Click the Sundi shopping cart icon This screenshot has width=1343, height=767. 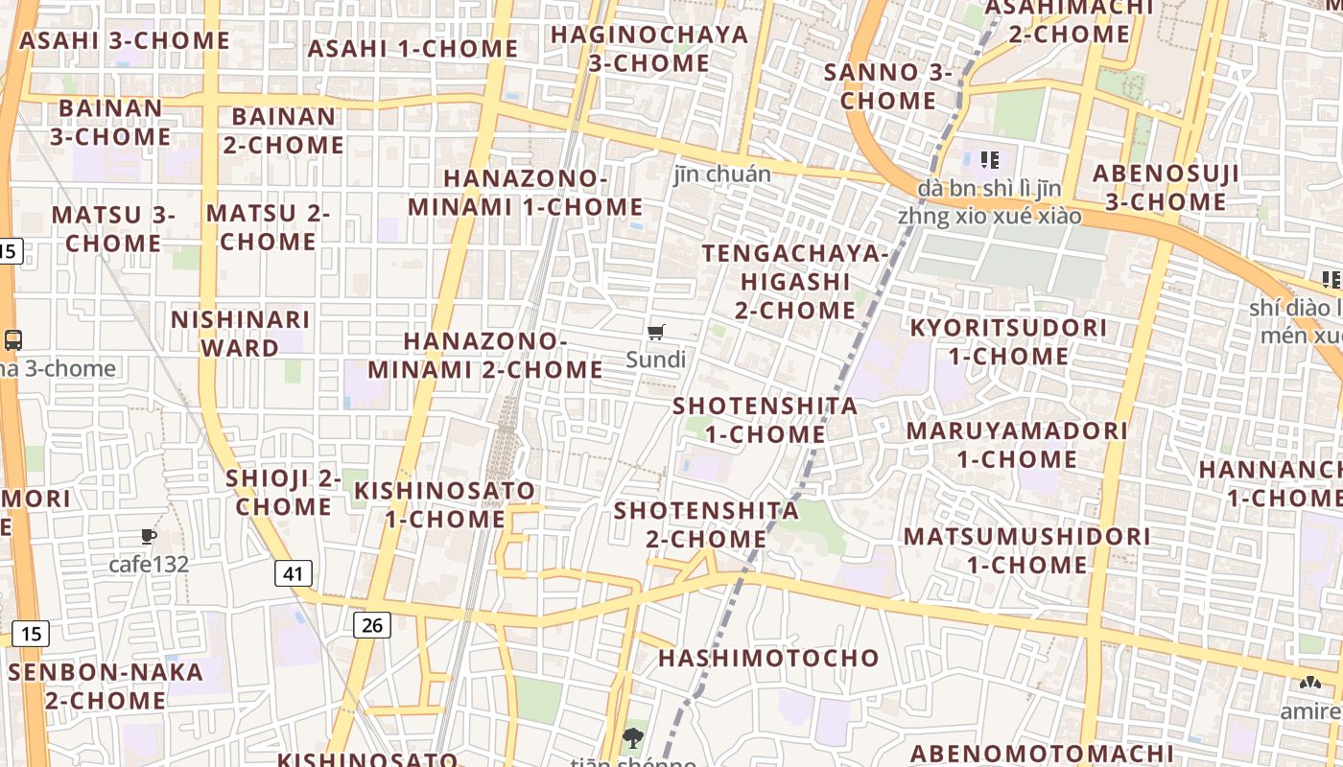[x=656, y=333]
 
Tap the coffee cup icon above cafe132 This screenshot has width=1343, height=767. [x=148, y=537]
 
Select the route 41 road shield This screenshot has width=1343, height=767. [x=294, y=573]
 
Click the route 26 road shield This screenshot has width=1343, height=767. [x=372, y=625]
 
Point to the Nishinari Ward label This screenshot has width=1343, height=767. [x=240, y=333]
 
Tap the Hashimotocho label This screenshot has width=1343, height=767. [x=768, y=658]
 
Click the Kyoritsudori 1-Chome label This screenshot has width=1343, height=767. [x=1008, y=341]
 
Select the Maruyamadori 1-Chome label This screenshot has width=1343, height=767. [x=1017, y=444]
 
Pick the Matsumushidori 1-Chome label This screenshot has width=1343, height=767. [x=1026, y=549]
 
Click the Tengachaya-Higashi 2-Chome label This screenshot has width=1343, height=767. [x=795, y=281]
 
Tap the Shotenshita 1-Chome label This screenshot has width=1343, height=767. [x=765, y=419]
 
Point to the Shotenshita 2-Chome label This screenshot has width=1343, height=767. [x=706, y=524]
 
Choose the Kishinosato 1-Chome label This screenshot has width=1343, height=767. [x=445, y=504]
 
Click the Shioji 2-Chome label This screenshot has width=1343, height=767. [x=284, y=492]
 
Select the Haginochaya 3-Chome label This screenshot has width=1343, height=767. [x=649, y=48]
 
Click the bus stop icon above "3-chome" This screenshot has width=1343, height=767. [x=13, y=339]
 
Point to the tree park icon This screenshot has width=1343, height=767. [x=632, y=738]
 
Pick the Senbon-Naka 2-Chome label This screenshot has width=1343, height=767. [x=106, y=686]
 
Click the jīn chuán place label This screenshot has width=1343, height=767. [x=722, y=174]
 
